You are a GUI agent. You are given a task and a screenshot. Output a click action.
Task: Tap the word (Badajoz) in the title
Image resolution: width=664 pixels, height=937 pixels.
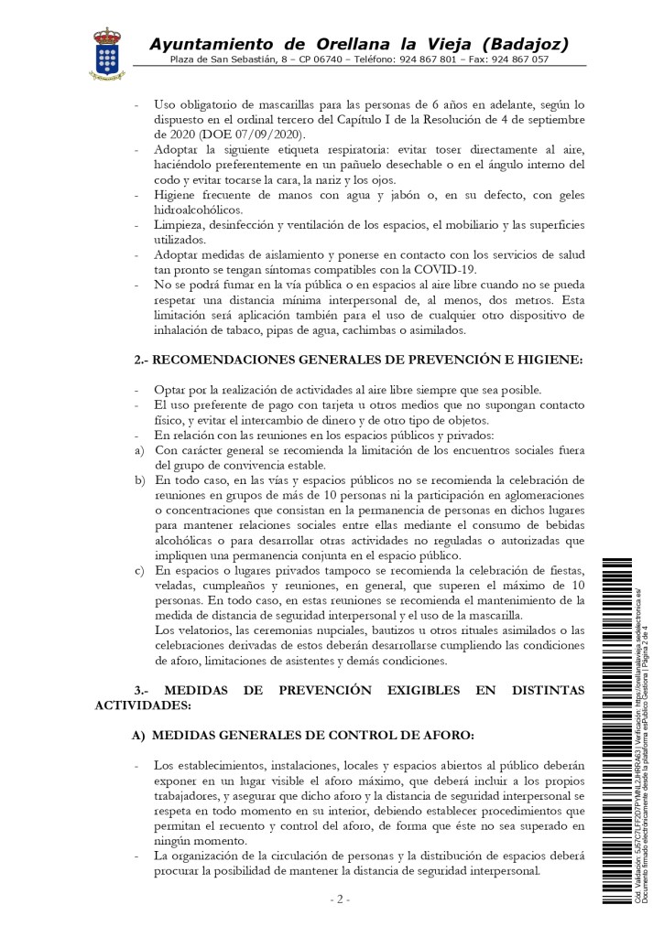pyautogui.click(x=525, y=44)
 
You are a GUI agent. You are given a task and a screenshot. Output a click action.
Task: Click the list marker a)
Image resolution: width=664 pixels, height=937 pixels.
pyautogui.click(x=138, y=450)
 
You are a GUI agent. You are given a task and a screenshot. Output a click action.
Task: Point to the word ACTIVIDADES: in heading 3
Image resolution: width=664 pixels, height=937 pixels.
pyautogui.click(x=144, y=706)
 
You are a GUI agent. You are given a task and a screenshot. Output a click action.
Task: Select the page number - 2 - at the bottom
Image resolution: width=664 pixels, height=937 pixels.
pyautogui.click(x=339, y=899)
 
